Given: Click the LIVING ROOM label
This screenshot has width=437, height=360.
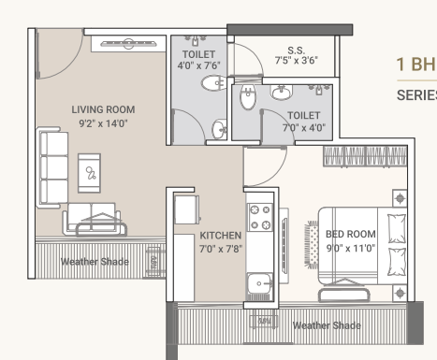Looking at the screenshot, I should click(103, 109).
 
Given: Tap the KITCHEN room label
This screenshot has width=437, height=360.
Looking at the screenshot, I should click(221, 236).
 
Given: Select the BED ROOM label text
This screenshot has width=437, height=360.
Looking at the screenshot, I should click(350, 234).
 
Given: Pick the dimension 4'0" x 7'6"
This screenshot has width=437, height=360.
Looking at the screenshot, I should click(197, 65).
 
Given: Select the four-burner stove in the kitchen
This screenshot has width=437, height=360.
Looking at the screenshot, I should click(259, 219).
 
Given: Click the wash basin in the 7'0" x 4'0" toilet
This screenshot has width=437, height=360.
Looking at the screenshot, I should click(280, 93).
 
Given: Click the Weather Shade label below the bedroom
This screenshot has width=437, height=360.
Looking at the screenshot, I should click(326, 325).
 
